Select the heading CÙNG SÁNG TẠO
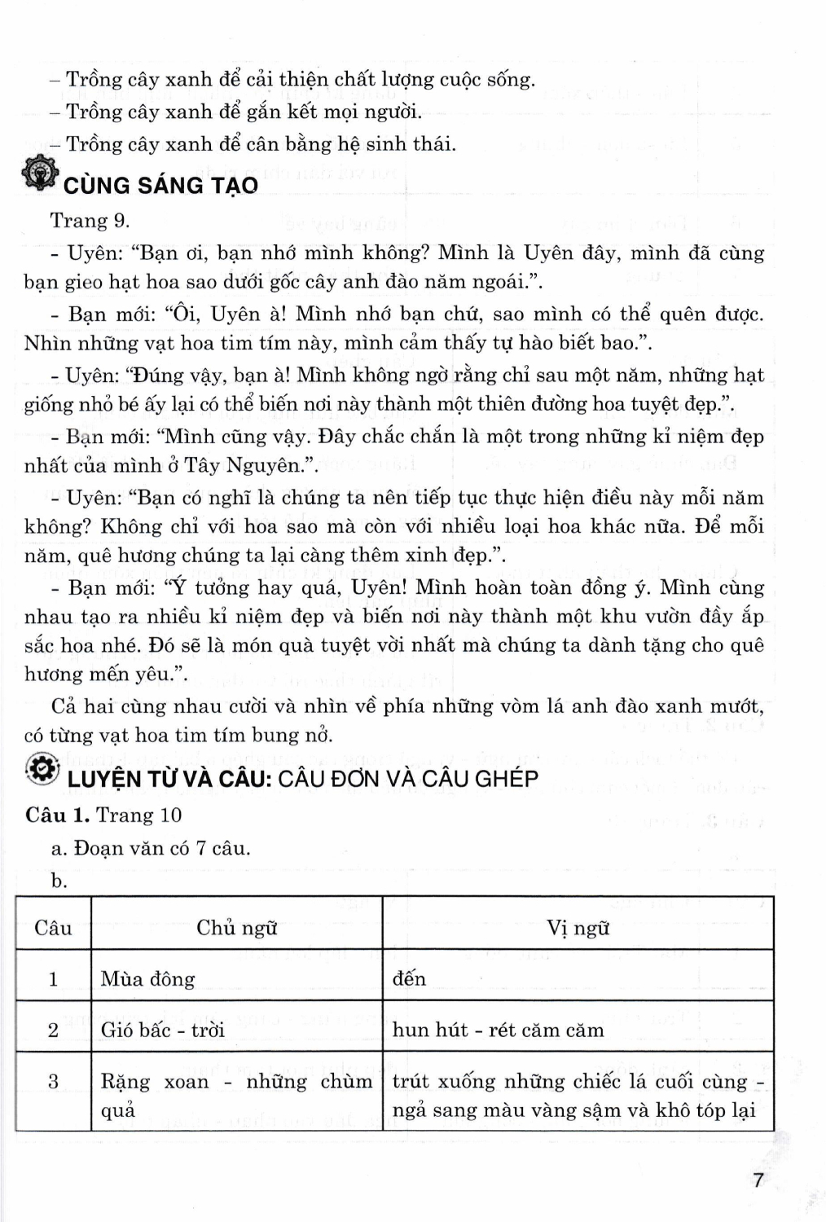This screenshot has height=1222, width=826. tap(160, 185)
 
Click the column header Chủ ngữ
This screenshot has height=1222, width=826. tap(236, 928)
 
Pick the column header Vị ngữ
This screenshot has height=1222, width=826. tap(578, 928)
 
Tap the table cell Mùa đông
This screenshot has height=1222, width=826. tap(147, 978)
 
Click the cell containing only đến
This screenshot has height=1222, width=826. tap(409, 978)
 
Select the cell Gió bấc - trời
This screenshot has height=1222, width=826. tap(162, 1030)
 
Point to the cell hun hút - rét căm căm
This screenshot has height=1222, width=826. tap(498, 1030)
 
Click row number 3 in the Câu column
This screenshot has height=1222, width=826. tap(53, 1082)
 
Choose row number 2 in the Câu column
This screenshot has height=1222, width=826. tap(53, 1030)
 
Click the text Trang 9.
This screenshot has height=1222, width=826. tap(90, 221)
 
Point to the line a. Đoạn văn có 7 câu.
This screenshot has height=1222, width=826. tap(150, 848)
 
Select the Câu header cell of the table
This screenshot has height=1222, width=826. tap(53, 928)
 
